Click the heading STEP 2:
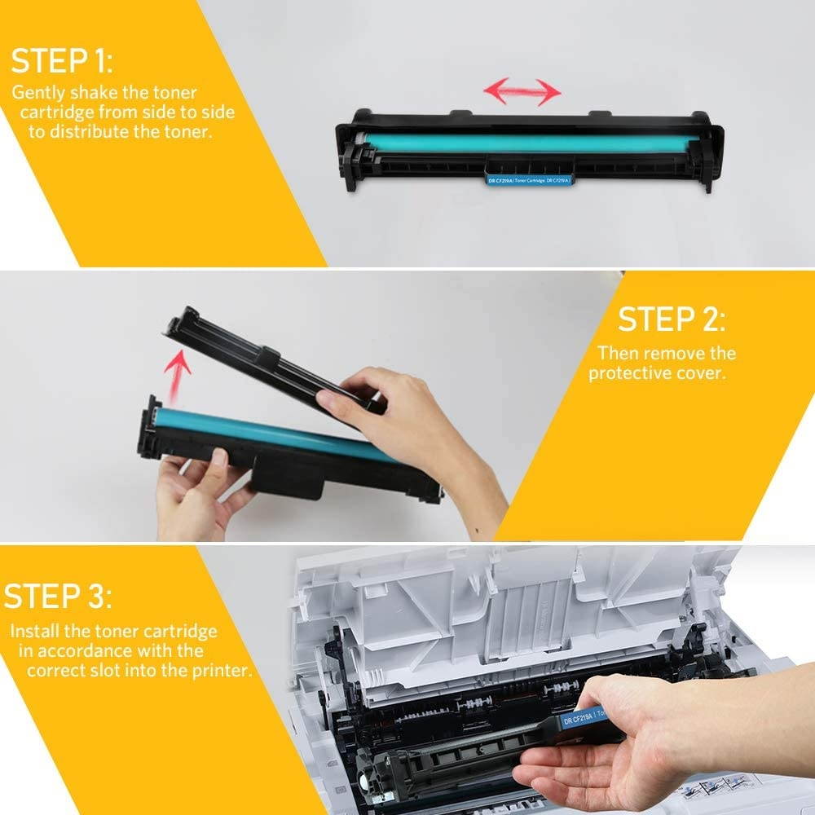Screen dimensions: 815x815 [670, 319]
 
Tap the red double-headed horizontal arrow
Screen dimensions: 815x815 [522, 91]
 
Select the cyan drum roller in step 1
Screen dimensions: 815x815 [530, 143]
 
